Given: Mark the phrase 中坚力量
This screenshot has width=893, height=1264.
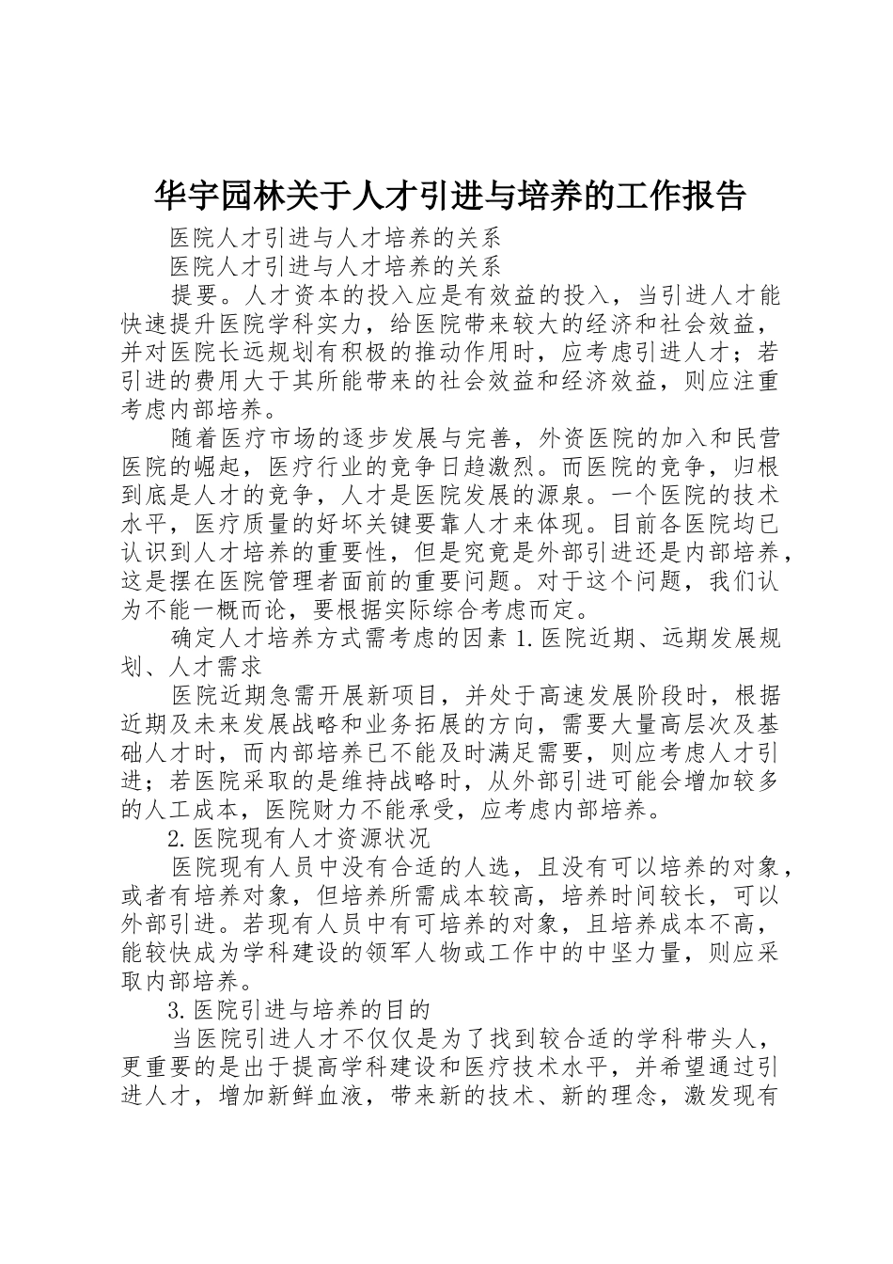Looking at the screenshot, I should [633, 951].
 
